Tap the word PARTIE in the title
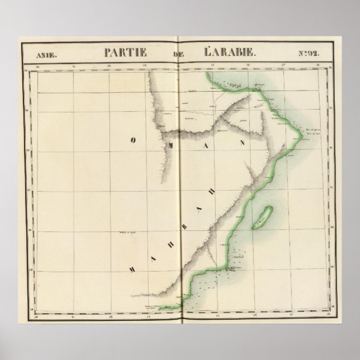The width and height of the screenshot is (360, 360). tap(125, 53)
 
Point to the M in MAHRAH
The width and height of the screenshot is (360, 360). tap(132, 269)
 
